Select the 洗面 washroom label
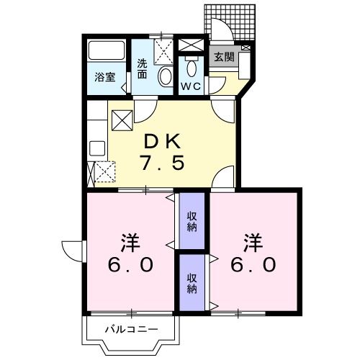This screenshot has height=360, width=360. click(143, 67)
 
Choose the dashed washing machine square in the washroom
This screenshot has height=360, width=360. click(163, 50)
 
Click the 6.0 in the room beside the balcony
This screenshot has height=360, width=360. click(130, 264)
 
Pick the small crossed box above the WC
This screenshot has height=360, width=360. click(191, 45)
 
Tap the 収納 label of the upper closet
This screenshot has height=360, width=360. click(192, 222)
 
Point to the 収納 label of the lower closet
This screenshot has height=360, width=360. click(192, 283)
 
